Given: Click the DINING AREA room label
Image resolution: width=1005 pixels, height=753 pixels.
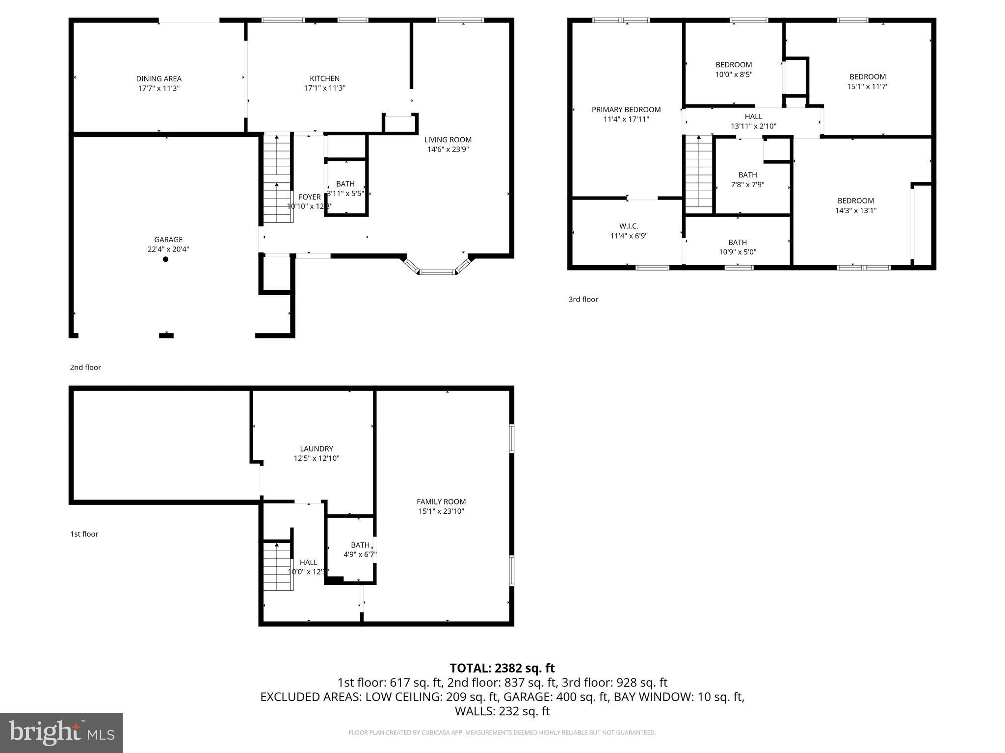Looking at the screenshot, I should (x=159, y=78).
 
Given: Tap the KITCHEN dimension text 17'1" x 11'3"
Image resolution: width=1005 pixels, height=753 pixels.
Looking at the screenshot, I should (x=324, y=88).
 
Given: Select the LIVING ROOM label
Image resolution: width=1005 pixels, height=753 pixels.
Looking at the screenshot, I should (x=448, y=140).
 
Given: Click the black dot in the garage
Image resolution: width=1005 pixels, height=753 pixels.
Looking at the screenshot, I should (x=165, y=259).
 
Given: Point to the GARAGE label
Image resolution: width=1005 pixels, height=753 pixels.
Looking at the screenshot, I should (x=168, y=239).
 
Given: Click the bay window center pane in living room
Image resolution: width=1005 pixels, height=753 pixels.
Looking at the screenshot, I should (x=437, y=271).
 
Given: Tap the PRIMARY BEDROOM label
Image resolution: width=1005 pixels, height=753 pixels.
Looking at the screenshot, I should (x=626, y=109).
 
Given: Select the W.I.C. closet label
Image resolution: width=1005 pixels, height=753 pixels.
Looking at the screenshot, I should (x=629, y=226).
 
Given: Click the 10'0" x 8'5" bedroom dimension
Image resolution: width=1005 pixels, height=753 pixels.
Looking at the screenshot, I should (x=734, y=75).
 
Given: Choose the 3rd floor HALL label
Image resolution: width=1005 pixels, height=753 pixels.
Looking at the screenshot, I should (x=753, y=116).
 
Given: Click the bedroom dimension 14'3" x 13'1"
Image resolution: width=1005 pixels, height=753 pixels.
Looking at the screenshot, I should (x=855, y=210).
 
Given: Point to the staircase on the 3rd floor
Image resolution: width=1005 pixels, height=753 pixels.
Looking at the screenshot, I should (x=698, y=174).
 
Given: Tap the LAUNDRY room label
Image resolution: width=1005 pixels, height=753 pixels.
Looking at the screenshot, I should (x=317, y=449).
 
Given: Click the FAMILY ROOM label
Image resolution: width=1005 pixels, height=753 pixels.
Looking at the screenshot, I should (x=441, y=502).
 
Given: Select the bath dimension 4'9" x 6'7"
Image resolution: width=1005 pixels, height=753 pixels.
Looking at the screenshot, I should (x=360, y=554).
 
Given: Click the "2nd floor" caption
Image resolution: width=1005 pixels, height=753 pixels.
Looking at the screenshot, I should (x=85, y=367).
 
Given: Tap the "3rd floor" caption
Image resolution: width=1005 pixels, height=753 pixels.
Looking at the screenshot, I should (x=583, y=299).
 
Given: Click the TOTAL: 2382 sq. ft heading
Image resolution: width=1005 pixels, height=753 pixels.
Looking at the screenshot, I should (x=502, y=668).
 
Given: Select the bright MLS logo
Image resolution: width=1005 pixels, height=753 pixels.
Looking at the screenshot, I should (x=61, y=732).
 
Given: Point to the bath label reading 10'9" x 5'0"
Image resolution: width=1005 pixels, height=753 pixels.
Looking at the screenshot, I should (x=737, y=252).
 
